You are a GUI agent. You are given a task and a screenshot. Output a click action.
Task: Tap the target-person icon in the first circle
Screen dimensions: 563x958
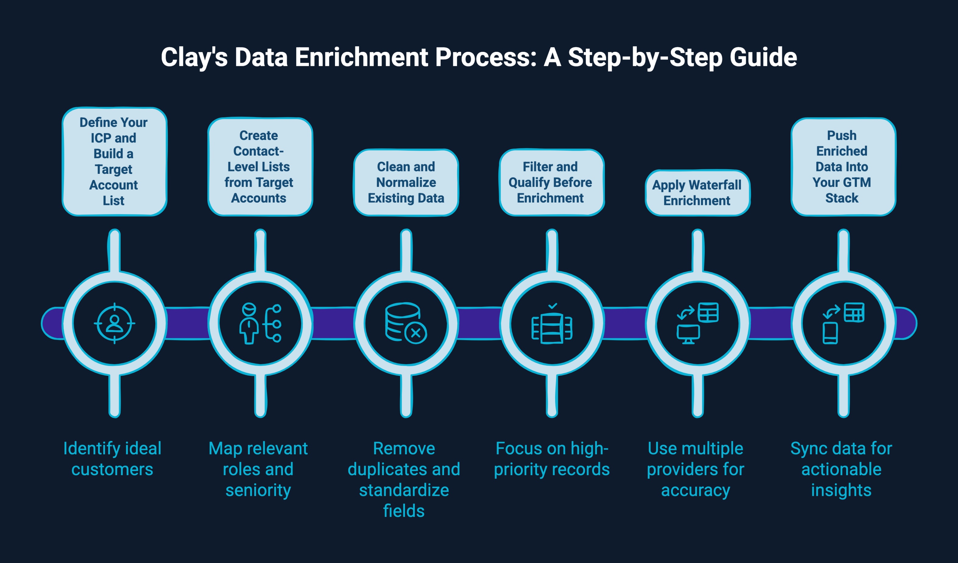point(114,323)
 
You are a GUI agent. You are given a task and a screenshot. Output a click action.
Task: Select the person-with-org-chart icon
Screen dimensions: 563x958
point(260,323)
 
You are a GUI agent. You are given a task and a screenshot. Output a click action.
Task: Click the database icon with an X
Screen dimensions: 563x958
point(406,323)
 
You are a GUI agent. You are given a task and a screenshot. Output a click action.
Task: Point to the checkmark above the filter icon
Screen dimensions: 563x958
point(553,306)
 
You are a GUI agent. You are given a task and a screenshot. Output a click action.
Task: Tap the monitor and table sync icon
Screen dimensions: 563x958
point(698,323)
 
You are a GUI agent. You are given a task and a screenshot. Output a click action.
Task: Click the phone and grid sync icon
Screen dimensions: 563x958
point(843,323)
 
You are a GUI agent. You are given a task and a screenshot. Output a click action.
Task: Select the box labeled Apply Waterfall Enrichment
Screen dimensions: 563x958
point(697,193)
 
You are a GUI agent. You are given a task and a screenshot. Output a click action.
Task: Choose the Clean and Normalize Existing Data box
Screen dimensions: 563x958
point(406,182)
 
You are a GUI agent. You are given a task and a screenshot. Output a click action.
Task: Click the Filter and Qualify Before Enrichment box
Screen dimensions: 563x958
point(551,182)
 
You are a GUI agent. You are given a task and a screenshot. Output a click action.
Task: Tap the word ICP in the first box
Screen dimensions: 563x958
point(100,138)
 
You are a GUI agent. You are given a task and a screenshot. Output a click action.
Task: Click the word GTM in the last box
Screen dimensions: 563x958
point(857,182)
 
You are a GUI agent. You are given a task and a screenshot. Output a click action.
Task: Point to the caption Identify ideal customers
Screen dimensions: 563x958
point(113,459)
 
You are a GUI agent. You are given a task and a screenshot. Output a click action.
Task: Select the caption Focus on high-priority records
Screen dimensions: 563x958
point(551,459)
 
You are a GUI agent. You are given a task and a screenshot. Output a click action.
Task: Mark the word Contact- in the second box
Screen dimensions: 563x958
point(259,151)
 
